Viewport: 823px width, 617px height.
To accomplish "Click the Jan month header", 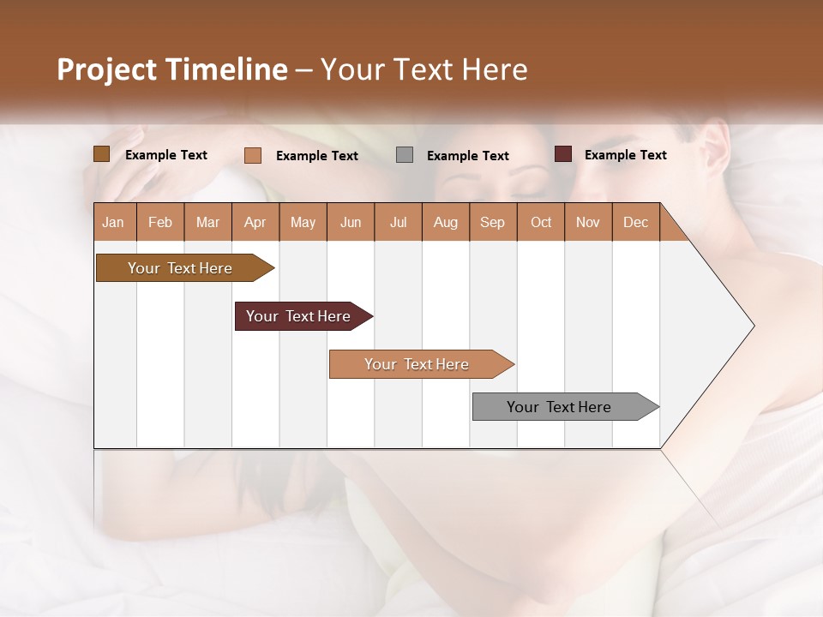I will (114, 222).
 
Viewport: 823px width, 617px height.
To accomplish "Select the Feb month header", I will (160, 222).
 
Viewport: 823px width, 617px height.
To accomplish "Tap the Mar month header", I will (207, 222).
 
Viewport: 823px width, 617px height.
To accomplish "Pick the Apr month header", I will (255, 222).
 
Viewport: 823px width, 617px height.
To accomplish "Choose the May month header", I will (303, 222).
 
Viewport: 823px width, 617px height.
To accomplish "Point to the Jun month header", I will (351, 222).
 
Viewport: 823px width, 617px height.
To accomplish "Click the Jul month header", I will (398, 222).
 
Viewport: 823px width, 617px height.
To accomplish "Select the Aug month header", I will (446, 222).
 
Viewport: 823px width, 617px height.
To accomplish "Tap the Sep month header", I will (493, 222).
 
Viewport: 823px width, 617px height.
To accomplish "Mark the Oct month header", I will (541, 222).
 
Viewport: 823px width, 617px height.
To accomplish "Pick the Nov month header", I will (588, 222).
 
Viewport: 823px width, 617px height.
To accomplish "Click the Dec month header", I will (636, 222).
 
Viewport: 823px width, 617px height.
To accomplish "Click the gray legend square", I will (405, 155).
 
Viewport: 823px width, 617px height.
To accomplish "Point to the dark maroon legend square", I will (562, 154).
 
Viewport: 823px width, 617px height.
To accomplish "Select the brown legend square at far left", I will (102, 154).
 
